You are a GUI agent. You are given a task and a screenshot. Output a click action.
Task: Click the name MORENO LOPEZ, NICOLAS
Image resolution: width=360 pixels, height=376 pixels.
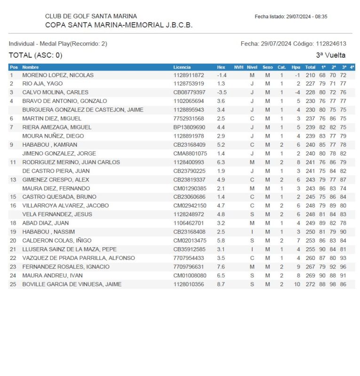click(58, 75)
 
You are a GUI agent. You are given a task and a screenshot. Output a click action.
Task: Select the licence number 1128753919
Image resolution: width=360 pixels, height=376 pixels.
click(189, 84)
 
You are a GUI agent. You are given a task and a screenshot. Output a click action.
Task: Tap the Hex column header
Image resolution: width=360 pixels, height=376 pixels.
click(221, 67)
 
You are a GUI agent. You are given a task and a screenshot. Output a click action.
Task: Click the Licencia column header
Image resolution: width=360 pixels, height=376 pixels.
click(182, 67)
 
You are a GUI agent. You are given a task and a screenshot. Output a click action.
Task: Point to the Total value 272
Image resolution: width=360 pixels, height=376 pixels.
click(310, 284)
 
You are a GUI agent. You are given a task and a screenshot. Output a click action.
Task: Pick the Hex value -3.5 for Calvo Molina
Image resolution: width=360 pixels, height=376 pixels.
click(222, 93)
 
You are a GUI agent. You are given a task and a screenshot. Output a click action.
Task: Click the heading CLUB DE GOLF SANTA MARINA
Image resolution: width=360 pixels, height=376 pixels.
click(91, 16)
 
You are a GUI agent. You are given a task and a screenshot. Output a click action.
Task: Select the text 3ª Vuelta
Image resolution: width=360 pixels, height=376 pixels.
click(331, 55)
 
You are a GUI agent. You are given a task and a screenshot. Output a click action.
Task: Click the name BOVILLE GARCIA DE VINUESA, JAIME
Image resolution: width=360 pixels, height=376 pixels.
click(72, 284)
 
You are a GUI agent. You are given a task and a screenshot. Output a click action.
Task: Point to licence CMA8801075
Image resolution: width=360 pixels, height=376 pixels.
click(190, 154)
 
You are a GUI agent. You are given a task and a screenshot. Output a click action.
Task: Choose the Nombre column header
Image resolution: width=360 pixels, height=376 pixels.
click(31, 67)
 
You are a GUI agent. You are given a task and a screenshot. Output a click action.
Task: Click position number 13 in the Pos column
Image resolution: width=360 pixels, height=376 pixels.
click(13, 180)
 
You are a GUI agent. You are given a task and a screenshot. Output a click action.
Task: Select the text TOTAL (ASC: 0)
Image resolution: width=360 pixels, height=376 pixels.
click(36, 55)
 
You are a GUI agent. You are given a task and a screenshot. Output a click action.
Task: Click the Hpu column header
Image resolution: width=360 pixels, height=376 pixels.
click(296, 67)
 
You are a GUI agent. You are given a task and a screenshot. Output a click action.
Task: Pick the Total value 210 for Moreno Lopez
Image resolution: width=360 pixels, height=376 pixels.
click(310, 75)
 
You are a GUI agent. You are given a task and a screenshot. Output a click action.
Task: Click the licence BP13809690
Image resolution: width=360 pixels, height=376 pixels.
click(189, 127)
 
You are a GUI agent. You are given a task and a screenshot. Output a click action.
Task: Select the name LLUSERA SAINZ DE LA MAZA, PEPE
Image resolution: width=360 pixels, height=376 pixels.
click(70, 249)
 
